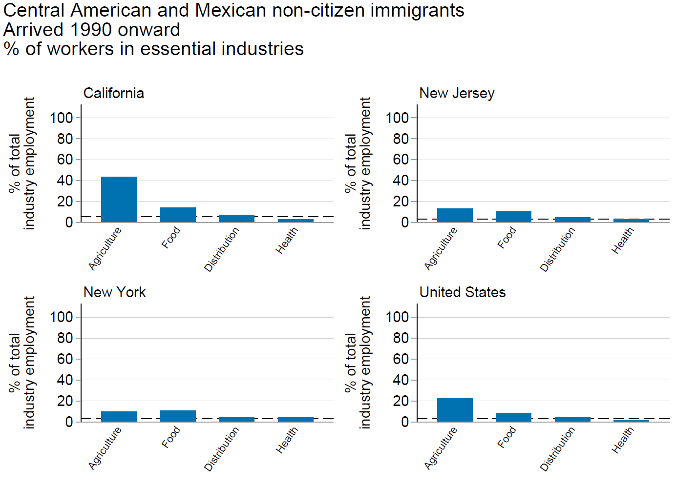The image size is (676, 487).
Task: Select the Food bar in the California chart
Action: (x=178, y=215)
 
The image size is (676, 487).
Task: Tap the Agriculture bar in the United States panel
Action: (x=455, y=409)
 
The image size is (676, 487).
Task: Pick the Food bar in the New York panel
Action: (x=178, y=416)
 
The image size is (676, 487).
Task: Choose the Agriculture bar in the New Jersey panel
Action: (x=455, y=215)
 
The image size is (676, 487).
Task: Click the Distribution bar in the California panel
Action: (x=236, y=219)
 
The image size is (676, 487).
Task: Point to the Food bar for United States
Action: (x=513, y=417)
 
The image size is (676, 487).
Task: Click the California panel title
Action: (x=114, y=93)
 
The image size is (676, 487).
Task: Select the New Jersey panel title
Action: (x=457, y=93)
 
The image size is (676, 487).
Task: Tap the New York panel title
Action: (x=114, y=292)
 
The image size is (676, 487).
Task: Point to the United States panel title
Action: (x=462, y=292)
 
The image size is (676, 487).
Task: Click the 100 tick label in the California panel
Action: (x=61, y=118)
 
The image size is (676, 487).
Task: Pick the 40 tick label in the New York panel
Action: (x=64, y=380)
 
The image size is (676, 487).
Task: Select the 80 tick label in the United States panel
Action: (x=401, y=338)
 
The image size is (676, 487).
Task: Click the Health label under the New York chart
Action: (x=287, y=440)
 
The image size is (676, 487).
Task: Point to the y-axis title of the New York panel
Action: (x=22, y=363)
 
